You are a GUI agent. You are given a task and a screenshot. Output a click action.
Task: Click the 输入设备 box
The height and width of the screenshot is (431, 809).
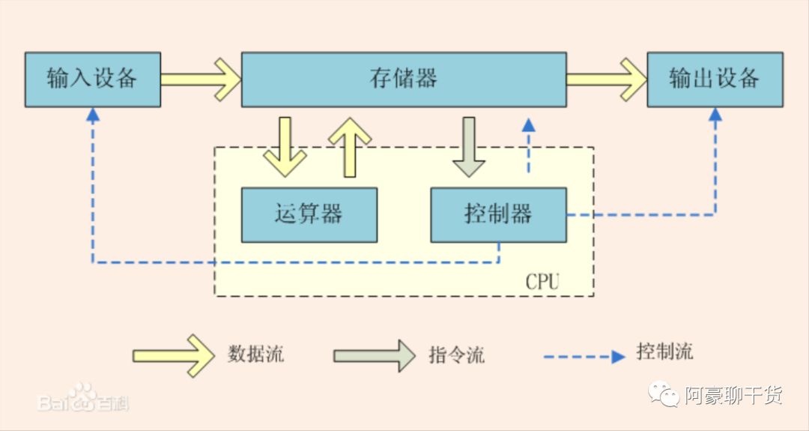92,79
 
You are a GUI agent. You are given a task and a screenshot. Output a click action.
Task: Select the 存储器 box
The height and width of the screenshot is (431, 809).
403,79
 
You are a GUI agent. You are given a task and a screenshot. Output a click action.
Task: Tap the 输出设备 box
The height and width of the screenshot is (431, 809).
715,79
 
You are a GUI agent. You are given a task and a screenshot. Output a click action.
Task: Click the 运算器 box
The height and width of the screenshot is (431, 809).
309,214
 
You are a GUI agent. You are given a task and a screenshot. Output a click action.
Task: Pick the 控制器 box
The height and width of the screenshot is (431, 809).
498,214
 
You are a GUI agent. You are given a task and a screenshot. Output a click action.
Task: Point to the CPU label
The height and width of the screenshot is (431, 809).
542,282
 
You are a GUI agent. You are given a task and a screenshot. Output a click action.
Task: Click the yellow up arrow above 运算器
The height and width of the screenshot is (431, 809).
349,145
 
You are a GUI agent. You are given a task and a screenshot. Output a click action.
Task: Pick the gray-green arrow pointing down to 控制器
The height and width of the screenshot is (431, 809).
469,147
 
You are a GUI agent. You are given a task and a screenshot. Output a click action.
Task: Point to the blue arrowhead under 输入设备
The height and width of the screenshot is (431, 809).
92,115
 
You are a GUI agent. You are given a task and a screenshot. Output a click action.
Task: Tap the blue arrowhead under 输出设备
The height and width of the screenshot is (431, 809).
715,115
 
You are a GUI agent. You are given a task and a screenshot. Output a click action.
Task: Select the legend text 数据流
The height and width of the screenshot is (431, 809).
255,354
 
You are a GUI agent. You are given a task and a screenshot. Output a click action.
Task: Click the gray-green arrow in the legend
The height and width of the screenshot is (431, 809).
374,355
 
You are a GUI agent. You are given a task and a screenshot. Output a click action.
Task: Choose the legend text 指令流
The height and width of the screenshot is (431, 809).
456,354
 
